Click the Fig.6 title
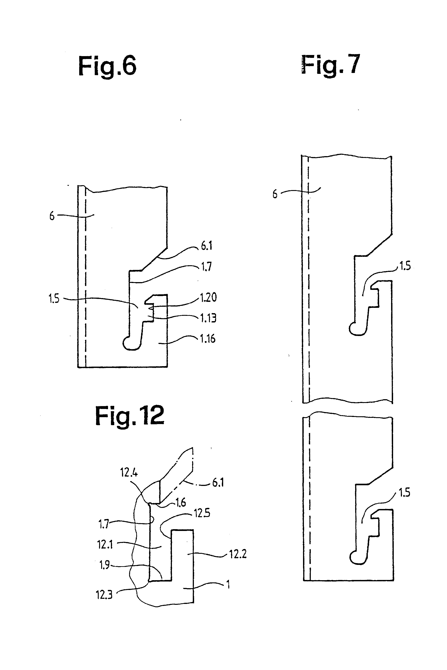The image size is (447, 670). (107, 66)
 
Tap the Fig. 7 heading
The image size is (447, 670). (331, 65)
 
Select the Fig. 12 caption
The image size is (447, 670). (130, 416)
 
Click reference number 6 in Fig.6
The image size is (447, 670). (52, 216)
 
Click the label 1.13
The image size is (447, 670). (208, 318)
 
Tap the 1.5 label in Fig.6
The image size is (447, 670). (54, 299)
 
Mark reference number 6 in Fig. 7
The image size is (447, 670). (275, 194)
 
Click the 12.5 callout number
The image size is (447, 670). (202, 513)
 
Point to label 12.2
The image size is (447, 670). (238, 554)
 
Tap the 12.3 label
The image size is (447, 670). (104, 595)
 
